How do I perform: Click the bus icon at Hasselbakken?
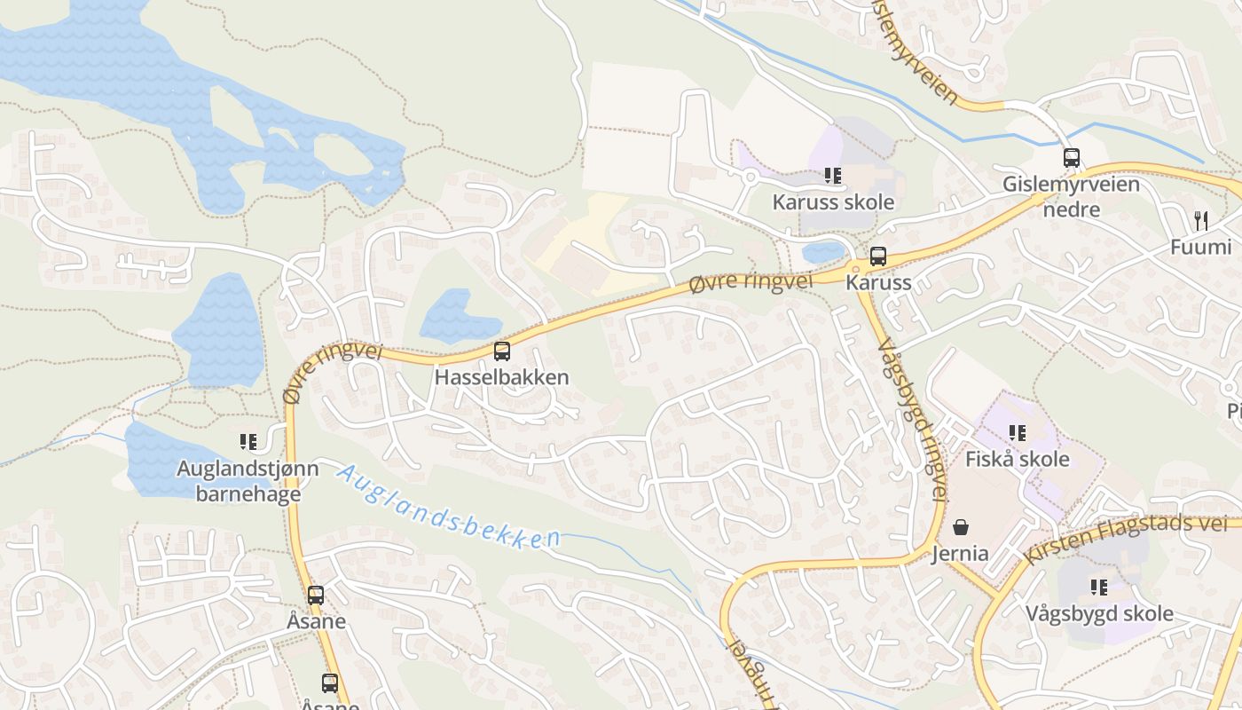[502, 351]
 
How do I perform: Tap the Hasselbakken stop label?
[501, 377]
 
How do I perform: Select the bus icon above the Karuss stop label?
[878, 256]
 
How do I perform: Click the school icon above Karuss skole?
[832, 176]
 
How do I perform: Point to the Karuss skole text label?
[833, 202]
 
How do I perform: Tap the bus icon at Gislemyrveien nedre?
[1072, 158]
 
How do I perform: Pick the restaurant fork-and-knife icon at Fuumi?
[1201, 220]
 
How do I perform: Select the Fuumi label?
[1200, 248]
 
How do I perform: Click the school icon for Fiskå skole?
[1018, 433]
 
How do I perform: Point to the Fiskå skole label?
[1018, 460]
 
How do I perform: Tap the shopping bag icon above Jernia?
[961, 527]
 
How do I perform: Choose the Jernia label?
[960, 554]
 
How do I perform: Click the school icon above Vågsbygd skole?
[1099, 587]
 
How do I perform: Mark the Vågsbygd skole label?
[1099, 613]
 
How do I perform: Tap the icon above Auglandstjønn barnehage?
[248, 441]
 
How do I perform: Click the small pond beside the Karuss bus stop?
[823, 252]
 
